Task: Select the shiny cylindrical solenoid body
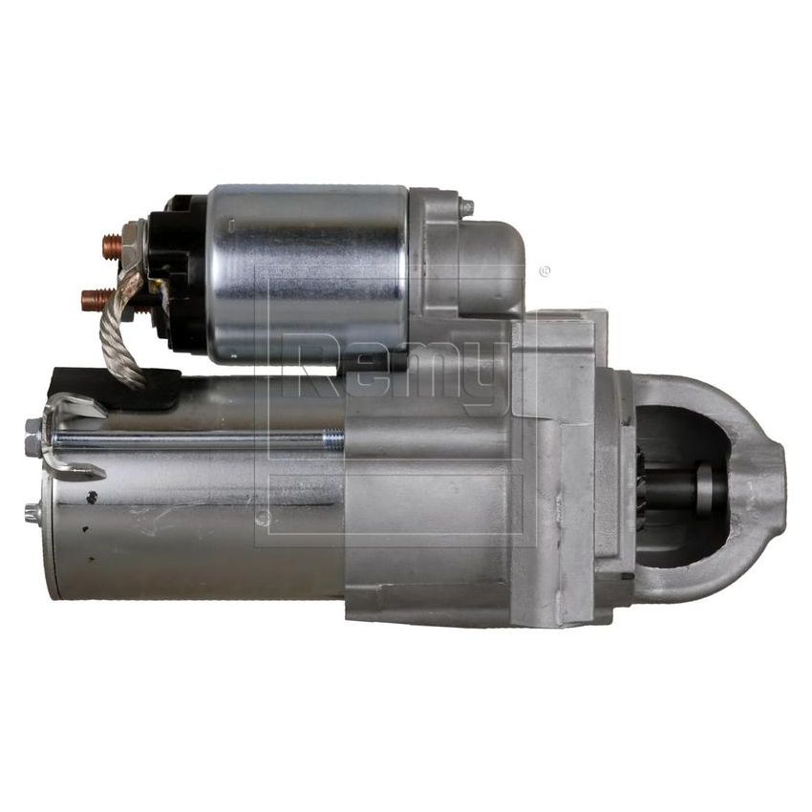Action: point(306,272)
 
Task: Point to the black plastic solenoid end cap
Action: point(182,272)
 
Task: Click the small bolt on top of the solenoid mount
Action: point(465,207)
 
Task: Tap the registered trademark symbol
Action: point(545,271)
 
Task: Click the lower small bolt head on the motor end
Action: point(32,512)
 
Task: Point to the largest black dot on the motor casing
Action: point(91,497)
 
